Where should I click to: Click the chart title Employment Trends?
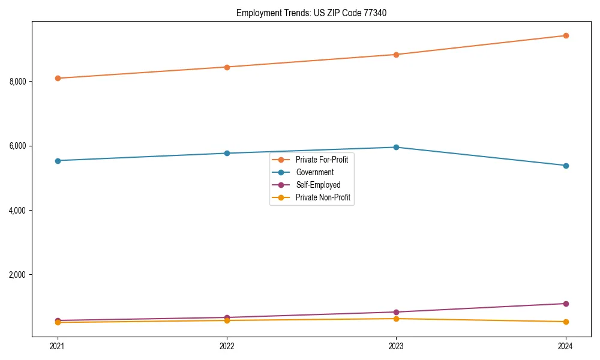pos(307,13)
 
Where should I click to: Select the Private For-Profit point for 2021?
pos(58,78)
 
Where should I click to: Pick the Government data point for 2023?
pos(396,147)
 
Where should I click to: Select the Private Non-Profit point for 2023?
pos(396,319)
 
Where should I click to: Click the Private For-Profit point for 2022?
pos(227,67)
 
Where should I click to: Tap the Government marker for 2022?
pos(227,153)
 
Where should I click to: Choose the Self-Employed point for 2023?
pos(396,312)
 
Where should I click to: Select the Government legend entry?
pos(314,172)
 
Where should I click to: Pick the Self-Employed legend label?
pos(317,185)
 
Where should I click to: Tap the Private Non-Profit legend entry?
pos(323,197)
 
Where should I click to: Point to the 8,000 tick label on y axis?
pos(19,82)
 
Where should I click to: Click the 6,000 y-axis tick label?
pos(19,146)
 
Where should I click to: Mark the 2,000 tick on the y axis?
pos(19,275)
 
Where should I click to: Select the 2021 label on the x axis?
pos(58,346)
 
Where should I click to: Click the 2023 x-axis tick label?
pos(396,346)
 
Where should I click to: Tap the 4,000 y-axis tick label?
pos(19,211)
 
